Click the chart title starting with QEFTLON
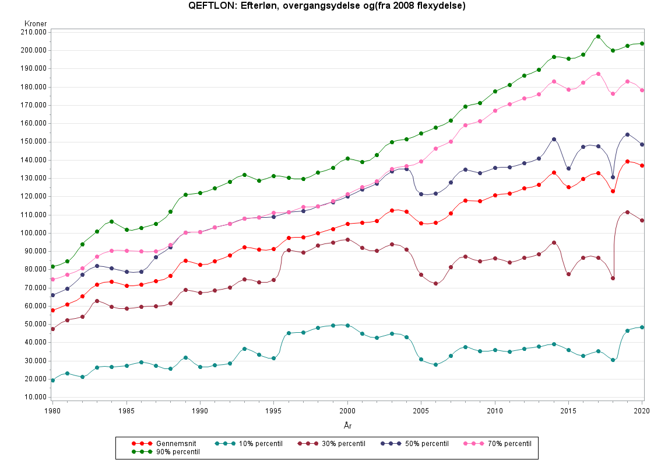[x=327, y=6]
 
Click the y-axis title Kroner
[x=36, y=23]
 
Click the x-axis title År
[x=347, y=426]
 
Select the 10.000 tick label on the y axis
[x=36, y=398]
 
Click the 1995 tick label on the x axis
[x=273, y=412]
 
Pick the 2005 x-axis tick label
[x=421, y=412]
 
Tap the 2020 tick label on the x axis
[x=642, y=412]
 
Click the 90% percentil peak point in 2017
[x=598, y=37]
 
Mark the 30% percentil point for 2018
[x=613, y=278]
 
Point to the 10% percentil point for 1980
[x=52, y=380]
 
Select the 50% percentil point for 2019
[x=627, y=134]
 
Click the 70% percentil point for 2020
[x=642, y=90]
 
